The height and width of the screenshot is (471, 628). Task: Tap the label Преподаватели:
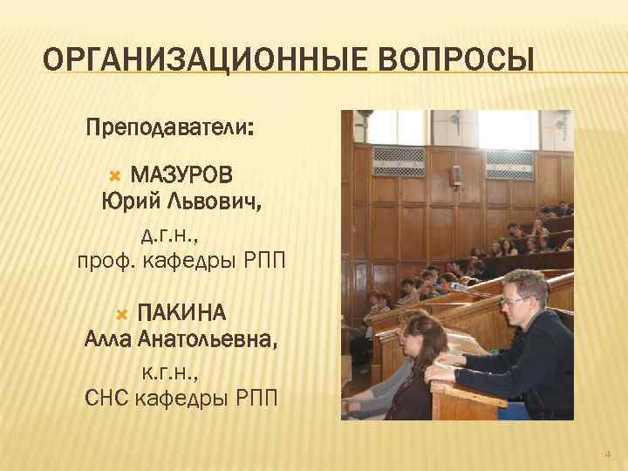pyautogui.click(x=170, y=129)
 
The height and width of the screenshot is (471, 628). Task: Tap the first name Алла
pyautogui.click(x=109, y=339)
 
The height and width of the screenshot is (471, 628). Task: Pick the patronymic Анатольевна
pyautogui.click(x=208, y=339)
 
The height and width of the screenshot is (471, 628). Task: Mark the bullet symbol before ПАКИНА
pyautogui.click(x=121, y=313)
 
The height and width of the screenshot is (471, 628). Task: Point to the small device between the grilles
pyautogui.click(x=454, y=174)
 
